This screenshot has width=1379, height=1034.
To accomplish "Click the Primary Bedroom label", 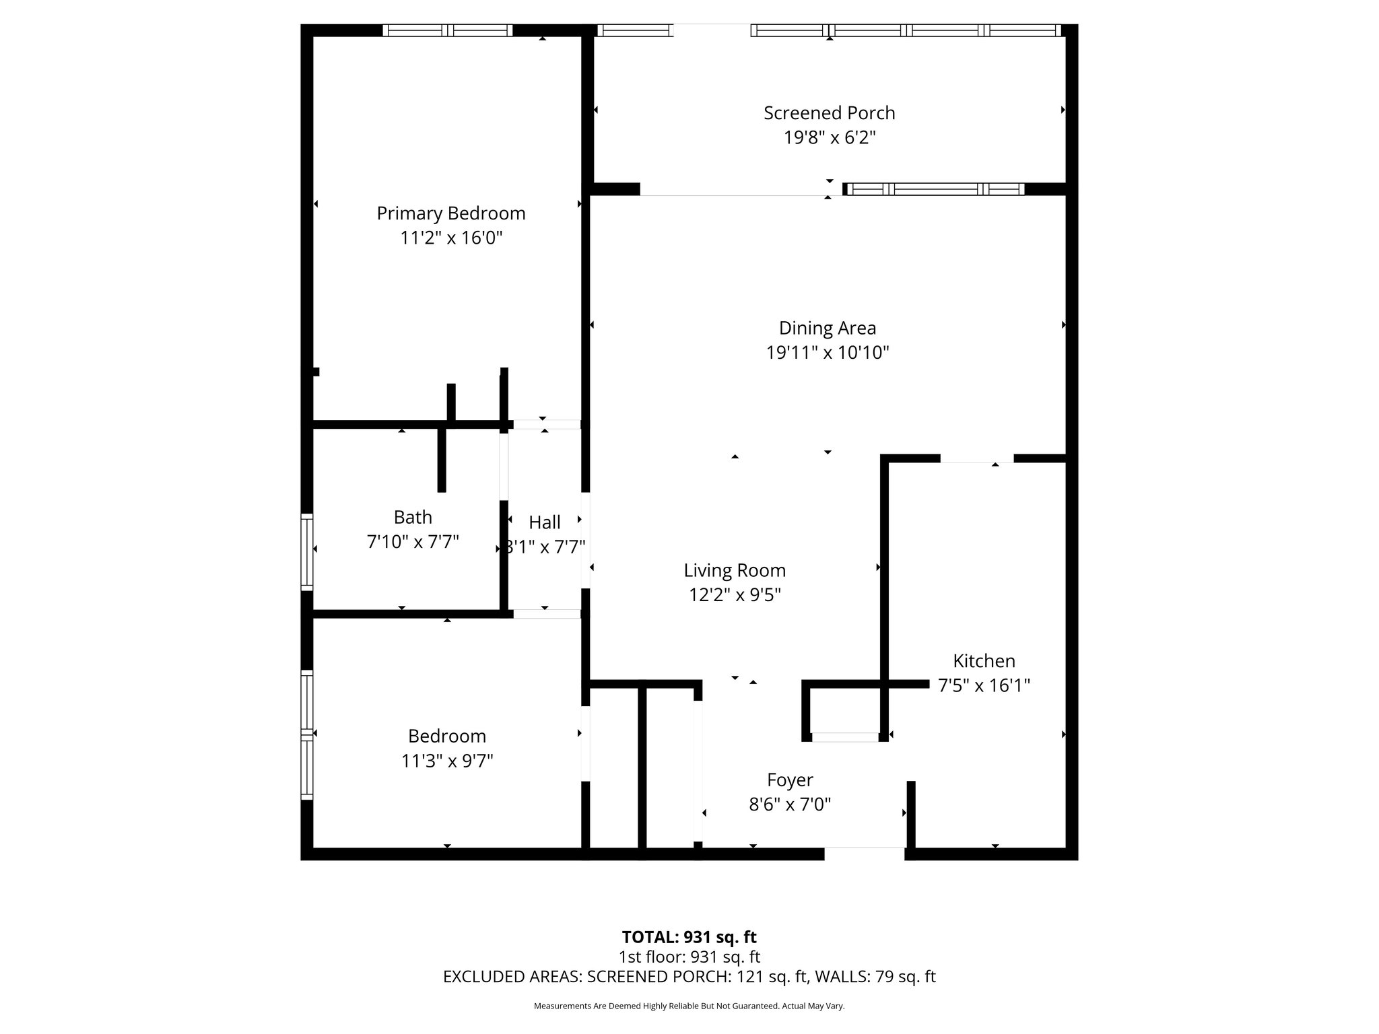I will click(x=450, y=213).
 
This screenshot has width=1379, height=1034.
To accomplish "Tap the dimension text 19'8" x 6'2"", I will click(x=829, y=138).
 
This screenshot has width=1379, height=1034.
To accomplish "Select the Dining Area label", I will click(x=827, y=329).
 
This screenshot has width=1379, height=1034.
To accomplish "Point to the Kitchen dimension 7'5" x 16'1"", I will click(x=984, y=686).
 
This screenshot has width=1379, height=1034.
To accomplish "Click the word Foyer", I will click(x=790, y=780).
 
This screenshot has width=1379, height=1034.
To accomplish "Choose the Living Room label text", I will click(x=735, y=571).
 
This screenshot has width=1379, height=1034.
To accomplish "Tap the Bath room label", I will click(x=413, y=517).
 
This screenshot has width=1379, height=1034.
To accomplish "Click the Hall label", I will click(x=544, y=522).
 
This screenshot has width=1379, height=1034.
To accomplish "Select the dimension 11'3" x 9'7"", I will click(x=447, y=761).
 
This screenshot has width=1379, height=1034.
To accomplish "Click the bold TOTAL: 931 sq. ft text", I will click(x=689, y=937).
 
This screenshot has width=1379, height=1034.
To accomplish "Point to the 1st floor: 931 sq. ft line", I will click(x=689, y=957).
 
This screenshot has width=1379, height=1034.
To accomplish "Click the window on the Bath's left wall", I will click(x=307, y=551).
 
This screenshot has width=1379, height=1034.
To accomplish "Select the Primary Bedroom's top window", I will click(x=448, y=30).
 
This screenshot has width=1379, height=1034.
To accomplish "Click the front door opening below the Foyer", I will click(x=865, y=853).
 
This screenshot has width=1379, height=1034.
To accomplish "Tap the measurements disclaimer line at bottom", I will click(x=689, y=1006).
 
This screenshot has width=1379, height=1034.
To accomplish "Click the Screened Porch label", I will click(x=829, y=113).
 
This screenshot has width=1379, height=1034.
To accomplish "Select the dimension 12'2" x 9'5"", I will click(x=735, y=595).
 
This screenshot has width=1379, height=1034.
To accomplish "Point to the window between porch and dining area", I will click(x=935, y=189).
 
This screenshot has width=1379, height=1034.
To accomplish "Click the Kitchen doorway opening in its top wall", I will click(x=976, y=459).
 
